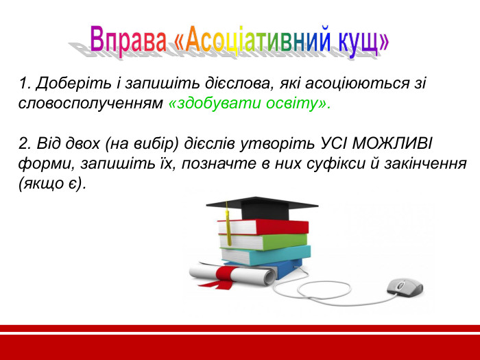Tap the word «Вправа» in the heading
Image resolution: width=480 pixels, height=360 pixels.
click(x=128, y=40)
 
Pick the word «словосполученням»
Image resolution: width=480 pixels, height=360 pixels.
click(x=91, y=104)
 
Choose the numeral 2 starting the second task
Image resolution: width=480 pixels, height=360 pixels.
click(x=24, y=145)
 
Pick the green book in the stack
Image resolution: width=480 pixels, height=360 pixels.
click(x=263, y=241)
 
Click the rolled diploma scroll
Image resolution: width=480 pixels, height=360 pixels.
click(x=233, y=276)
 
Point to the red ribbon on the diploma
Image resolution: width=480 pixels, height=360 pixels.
click(x=226, y=275)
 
